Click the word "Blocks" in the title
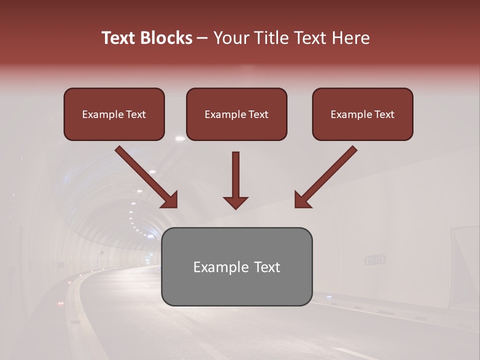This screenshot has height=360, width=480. (165, 38)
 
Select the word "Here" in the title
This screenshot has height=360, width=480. (350, 38)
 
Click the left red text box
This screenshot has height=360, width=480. (114, 114)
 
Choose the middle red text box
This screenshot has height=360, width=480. (236, 114)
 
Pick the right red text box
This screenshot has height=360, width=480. (362, 114)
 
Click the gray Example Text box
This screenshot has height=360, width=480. (236, 266)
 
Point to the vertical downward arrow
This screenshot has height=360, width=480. (235, 180)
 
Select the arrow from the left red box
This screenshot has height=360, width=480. (146, 176)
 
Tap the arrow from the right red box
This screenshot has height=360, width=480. (326, 176)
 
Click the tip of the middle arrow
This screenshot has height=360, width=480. (235, 207)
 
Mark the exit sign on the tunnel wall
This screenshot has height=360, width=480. (375, 259)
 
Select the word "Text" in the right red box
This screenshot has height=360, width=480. (384, 114)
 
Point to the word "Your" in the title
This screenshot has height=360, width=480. (230, 38)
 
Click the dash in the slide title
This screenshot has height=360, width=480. (202, 38)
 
